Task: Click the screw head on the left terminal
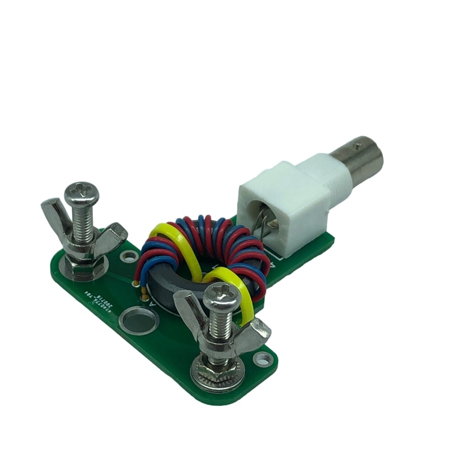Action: click(x=82, y=194)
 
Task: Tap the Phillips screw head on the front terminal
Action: click(x=223, y=296)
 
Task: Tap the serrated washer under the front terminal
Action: click(x=218, y=376)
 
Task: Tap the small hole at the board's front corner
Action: click(x=263, y=358)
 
